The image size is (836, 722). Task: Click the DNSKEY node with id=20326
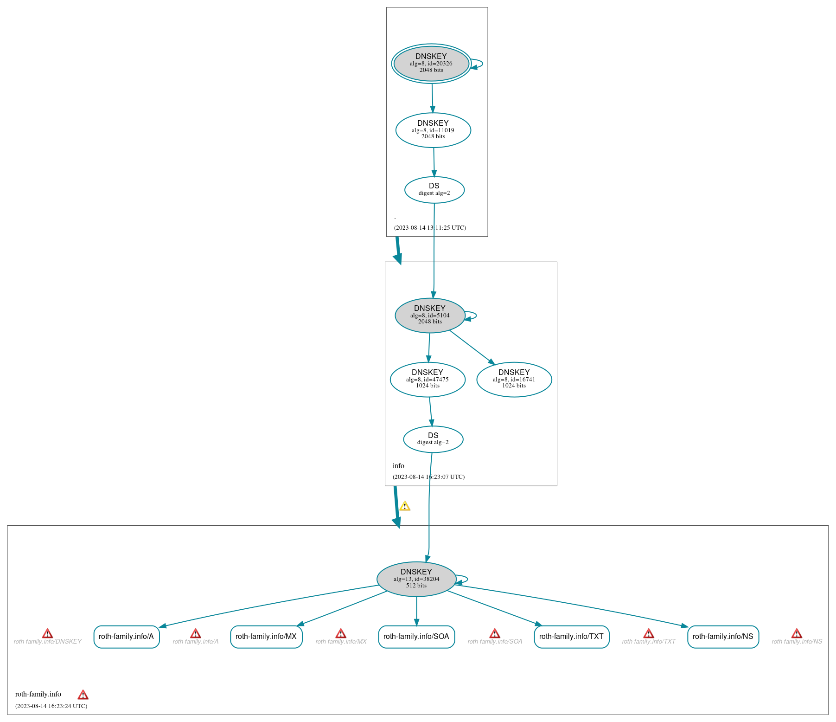pos(431,64)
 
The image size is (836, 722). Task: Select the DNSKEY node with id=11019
pos(433,130)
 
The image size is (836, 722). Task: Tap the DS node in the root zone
pos(434,189)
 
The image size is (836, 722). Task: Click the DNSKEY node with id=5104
pos(430,315)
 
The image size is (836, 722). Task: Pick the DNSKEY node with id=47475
pos(428,379)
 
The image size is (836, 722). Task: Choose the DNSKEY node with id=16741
pos(514,379)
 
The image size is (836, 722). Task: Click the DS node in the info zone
pos(433,439)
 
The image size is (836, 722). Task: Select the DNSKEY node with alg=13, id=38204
pos(416,579)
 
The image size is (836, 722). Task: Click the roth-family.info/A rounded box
pos(126,636)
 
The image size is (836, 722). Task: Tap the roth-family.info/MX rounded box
pos(266,636)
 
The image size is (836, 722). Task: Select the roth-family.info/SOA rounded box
pos(416,636)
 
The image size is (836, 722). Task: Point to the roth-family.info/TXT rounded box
pos(571,636)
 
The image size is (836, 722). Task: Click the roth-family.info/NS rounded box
pos(722,636)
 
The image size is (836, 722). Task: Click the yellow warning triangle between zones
pos(405,506)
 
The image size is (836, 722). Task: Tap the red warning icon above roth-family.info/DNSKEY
pos(47,633)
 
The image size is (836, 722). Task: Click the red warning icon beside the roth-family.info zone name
pos(83,695)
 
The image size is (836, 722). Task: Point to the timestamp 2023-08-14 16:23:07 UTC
pos(428,477)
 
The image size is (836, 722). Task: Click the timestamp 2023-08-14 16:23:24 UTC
pos(51,706)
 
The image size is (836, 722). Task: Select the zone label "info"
pos(398,466)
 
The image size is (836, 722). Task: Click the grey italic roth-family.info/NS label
pos(797,642)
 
